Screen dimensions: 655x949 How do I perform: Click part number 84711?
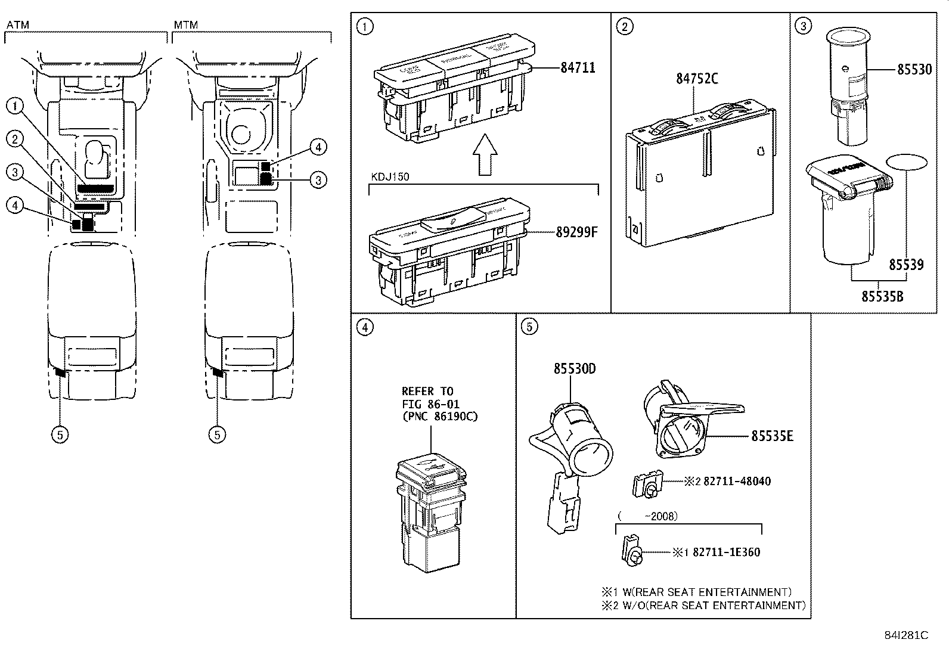click(x=577, y=68)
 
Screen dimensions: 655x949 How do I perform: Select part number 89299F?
click(x=576, y=232)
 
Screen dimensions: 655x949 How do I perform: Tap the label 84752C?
click(x=697, y=78)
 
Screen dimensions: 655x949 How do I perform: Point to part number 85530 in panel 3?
click(x=914, y=70)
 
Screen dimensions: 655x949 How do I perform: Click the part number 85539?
click(x=906, y=264)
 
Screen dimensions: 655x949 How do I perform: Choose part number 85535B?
click(x=882, y=295)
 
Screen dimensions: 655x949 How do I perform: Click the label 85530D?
click(x=574, y=369)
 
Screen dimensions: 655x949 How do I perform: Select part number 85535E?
click(x=772, y=436)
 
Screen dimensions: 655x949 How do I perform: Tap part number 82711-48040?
click(x=737, y=481)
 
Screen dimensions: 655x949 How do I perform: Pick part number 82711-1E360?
click(x=726, y=552)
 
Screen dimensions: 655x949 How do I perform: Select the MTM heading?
click(x=185, y=25)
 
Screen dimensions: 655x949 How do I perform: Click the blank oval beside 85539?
click(x=906, y=163)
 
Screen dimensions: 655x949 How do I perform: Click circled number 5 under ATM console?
click(x=60, y=434)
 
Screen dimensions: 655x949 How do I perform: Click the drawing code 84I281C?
click(x=906, y=635)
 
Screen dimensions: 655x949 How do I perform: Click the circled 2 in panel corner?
click(x=624, y=26)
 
